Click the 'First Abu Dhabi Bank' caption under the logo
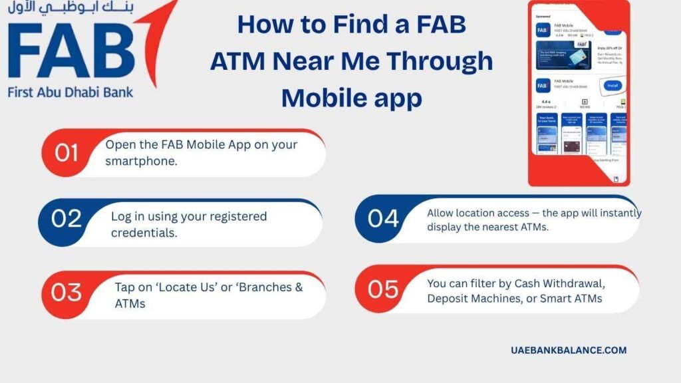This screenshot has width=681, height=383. [70, 91]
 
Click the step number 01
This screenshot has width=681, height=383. [67, 153]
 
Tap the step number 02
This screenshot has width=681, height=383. [67, 218]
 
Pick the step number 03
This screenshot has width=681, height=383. [67, 292]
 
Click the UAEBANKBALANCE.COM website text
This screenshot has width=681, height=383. [569, 350]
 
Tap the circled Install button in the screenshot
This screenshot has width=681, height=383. [612, 86]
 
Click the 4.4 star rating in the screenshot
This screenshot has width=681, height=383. [543, 100]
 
